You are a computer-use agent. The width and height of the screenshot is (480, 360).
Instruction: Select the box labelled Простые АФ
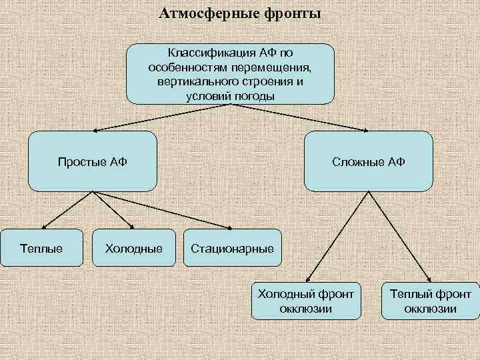(x=93, y=161)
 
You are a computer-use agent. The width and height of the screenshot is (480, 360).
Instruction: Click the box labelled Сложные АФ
(x=369, y=161)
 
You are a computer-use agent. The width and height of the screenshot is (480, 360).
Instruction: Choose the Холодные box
(x=134, y=249)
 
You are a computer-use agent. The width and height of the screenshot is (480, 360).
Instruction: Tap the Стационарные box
(x=232, y=249)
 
